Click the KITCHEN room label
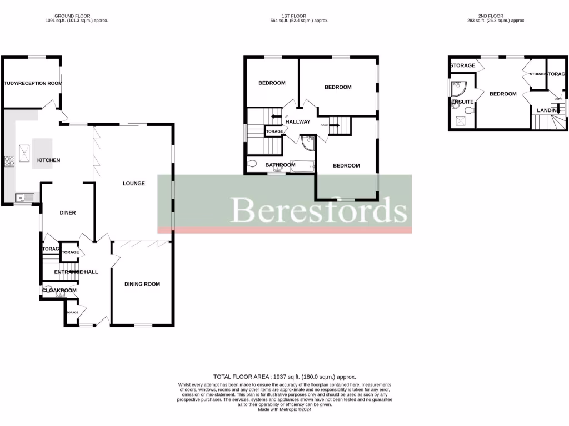point(48,160)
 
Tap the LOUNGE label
point(134,184)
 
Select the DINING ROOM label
point(142,284)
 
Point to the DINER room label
point(68,212)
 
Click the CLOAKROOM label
point(59,290)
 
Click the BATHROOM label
point(280,165)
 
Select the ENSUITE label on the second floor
point(462,102)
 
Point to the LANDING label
point(547,111)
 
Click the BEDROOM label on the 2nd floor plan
point(503,94)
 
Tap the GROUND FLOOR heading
point(73,16)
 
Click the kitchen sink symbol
point(24,196)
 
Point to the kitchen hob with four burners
point(10,161)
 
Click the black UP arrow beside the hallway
point(274,116)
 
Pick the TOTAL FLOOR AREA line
point(284,377)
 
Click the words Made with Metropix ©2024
point(284,409)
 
